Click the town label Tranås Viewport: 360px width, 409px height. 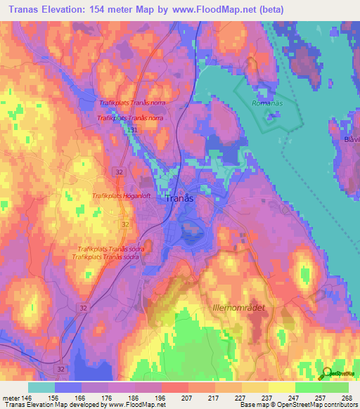(179, 199)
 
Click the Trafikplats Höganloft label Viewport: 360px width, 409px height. (123, 196)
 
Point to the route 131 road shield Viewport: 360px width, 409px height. (132, 130)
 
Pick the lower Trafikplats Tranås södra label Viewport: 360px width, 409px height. (108, 257)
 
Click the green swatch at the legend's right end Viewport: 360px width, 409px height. (335, 387)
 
